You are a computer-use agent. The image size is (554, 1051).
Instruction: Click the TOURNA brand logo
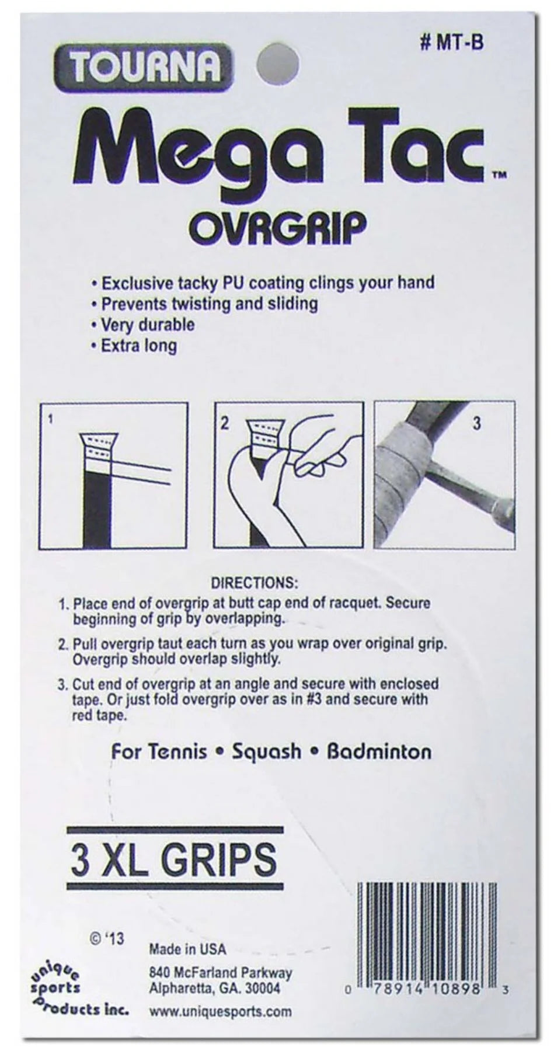[144, 68]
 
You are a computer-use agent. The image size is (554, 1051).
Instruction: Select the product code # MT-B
[452, 43]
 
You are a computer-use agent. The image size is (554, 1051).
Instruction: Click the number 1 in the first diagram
[51, 419]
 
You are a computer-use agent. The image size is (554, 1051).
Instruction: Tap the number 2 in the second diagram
[225, 423]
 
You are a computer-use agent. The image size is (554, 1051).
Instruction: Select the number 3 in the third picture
[476, 423]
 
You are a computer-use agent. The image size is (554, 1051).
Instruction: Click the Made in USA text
[187, 949]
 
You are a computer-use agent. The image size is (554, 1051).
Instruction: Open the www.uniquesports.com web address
[220, 1012]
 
